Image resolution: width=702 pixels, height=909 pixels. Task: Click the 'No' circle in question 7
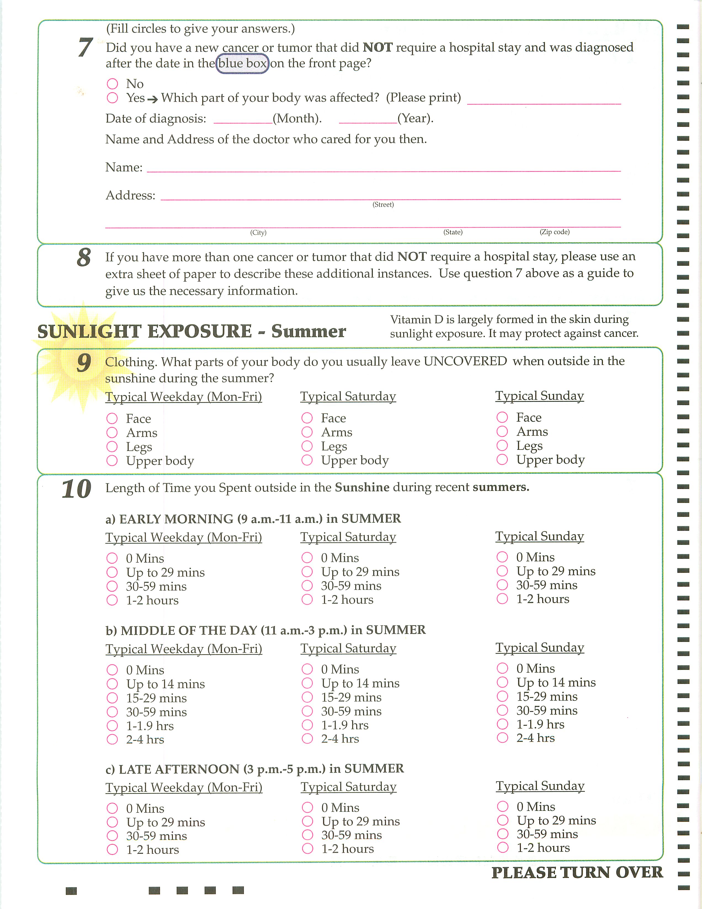(112, 84)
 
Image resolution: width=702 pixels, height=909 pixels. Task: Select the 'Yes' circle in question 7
(112, 98)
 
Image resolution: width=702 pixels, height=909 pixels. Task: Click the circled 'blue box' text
(242, 63)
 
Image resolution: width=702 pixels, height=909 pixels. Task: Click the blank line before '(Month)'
(243, 119)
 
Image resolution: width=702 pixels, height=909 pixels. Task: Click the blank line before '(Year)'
(368, 119)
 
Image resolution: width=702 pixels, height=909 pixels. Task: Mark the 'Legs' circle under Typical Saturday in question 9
(307, 446)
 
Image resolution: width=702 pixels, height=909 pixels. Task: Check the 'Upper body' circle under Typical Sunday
(502, 459)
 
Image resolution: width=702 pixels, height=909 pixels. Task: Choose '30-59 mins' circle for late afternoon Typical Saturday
(307, 835)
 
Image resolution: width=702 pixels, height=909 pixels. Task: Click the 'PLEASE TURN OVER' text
(577, 872)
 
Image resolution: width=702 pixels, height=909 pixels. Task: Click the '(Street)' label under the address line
(383, 204)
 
